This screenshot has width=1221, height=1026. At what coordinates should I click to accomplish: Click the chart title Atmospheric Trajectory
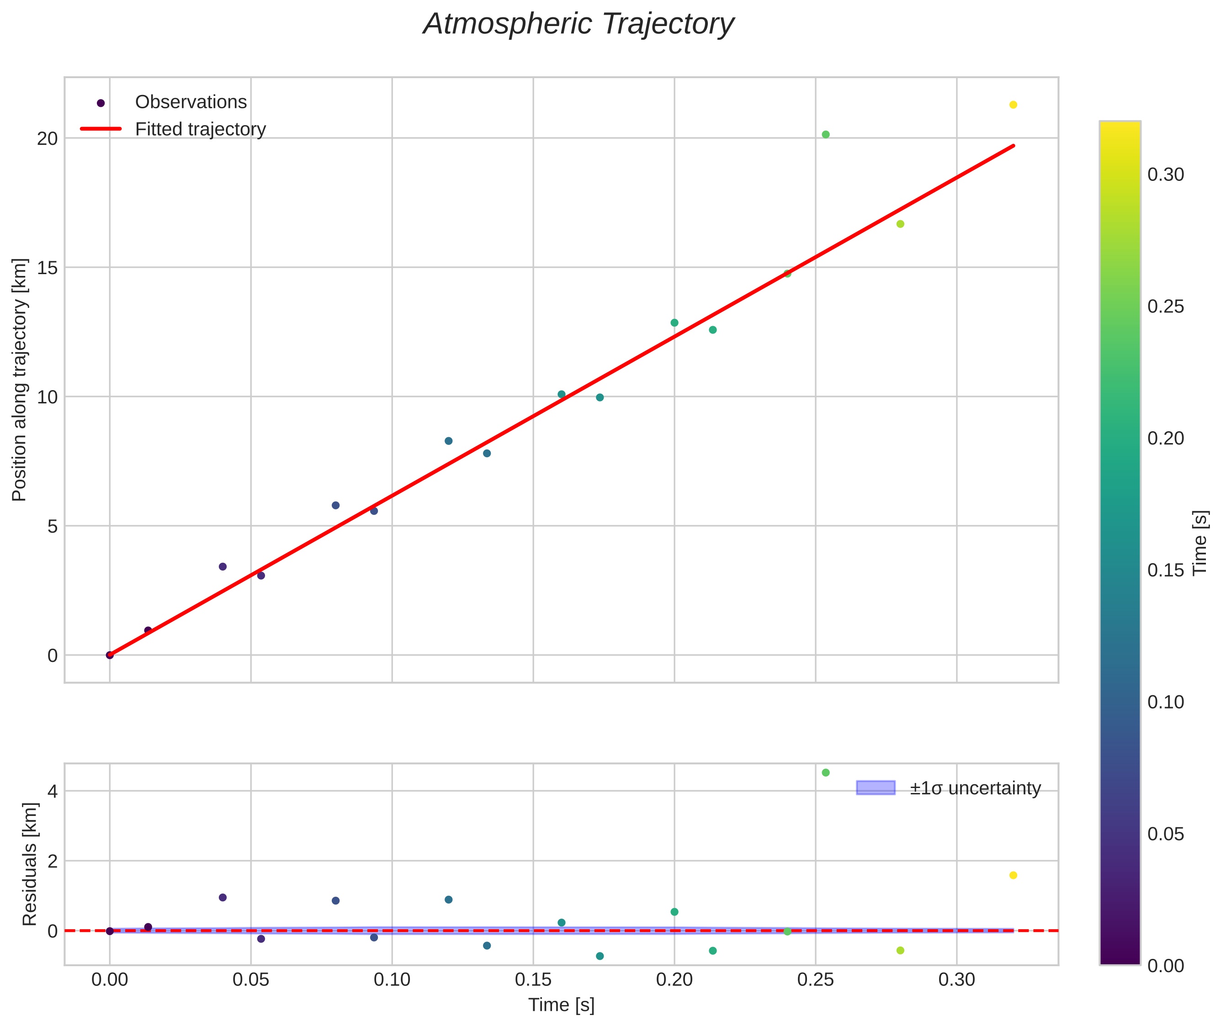pos(578,24)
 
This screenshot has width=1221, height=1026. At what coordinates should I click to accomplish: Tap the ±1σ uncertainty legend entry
pos(948,788)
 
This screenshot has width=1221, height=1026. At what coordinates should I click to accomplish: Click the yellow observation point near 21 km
pos(1013,105)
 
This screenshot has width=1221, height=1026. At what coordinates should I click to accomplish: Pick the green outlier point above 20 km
pos(825,134)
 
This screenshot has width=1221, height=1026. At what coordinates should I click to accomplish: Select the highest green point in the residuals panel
pos(825,772)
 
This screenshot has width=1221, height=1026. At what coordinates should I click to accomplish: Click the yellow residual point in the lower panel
pos(1013,875)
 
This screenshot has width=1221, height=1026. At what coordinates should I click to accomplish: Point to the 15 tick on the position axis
pos(48,268)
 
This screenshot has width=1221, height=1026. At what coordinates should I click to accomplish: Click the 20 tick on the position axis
pos(48,138)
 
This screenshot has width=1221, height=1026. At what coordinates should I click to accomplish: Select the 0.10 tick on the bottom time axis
pos(392,980)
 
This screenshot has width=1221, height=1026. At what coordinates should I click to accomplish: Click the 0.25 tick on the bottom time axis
pos(816,980)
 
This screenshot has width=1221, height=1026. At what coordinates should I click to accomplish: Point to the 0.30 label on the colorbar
pos(1166,175)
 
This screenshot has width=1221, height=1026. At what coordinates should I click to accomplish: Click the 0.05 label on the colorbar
pos(1166,834)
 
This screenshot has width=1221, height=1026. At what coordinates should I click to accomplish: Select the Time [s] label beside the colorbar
pos(1200,543)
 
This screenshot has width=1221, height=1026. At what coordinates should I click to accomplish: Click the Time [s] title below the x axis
pos(561,1005)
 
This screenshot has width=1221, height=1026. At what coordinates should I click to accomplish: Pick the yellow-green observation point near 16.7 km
pos(900,224)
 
